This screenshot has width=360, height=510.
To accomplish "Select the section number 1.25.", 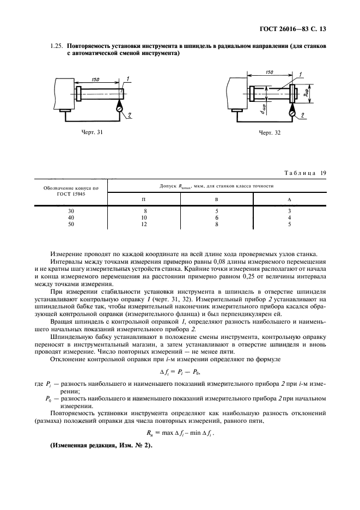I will tap(57, 47).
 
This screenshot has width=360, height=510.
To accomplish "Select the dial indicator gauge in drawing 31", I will tap(119, 109).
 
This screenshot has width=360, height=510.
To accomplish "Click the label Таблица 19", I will tap(306, 173).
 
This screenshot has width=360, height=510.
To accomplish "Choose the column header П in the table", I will tap(144, 199).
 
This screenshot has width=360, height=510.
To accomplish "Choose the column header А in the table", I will tap(289, 199).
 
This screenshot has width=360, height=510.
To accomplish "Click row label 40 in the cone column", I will tap(70, 217).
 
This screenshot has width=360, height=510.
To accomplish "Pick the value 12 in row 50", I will tap(144, 223).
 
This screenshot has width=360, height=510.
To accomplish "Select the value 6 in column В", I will tap(217, 217).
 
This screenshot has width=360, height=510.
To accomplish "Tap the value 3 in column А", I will tap(289, 210).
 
